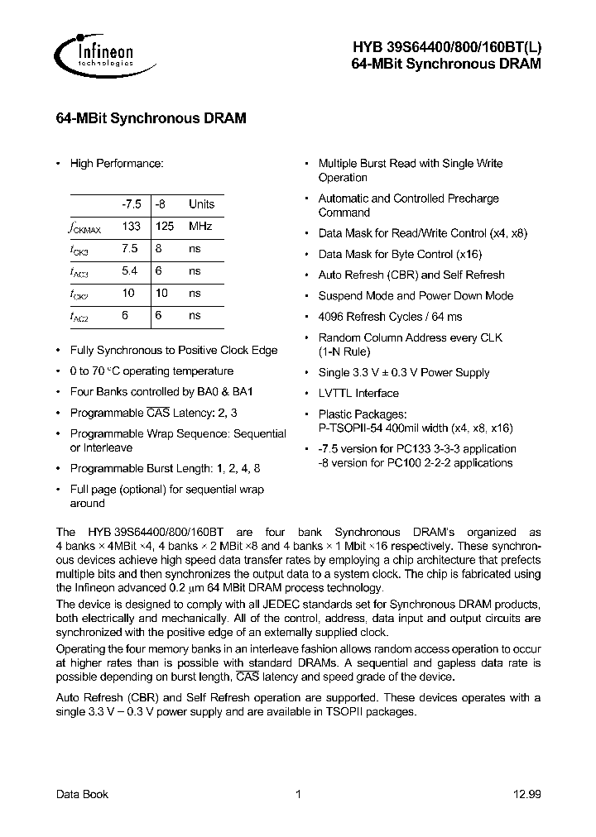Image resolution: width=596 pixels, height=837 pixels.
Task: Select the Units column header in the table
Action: tap(201, 204)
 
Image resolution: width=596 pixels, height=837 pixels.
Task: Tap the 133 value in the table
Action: tap(131, 227)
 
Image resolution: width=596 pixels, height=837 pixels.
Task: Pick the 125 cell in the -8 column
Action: tap(165, 227)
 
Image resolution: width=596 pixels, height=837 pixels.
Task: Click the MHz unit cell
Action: tap(200, 227)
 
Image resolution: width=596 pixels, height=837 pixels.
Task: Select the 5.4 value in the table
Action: tap(130, 271)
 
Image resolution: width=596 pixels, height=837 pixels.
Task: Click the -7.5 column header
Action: tap(131, 204)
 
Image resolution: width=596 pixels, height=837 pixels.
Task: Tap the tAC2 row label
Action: tap(79, 316)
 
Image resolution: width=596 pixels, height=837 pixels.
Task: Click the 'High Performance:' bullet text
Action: tap(117, 164)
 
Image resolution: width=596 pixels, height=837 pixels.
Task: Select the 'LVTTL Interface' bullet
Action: tap(358, 394)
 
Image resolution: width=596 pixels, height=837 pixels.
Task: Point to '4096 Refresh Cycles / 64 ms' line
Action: tap(391, 317)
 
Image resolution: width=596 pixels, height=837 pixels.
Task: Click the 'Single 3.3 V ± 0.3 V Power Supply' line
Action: tap(404, 373)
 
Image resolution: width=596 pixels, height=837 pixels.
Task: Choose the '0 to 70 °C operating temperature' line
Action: tap(151, 371)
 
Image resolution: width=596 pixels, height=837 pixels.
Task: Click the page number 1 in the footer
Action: tap(298, 795)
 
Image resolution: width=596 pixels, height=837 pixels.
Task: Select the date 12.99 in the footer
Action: tap(526, 795)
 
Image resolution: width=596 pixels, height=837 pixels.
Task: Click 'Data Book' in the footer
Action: tap(82, 795)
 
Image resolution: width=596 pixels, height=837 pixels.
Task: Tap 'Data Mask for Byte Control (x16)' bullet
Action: tap(400, 255)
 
